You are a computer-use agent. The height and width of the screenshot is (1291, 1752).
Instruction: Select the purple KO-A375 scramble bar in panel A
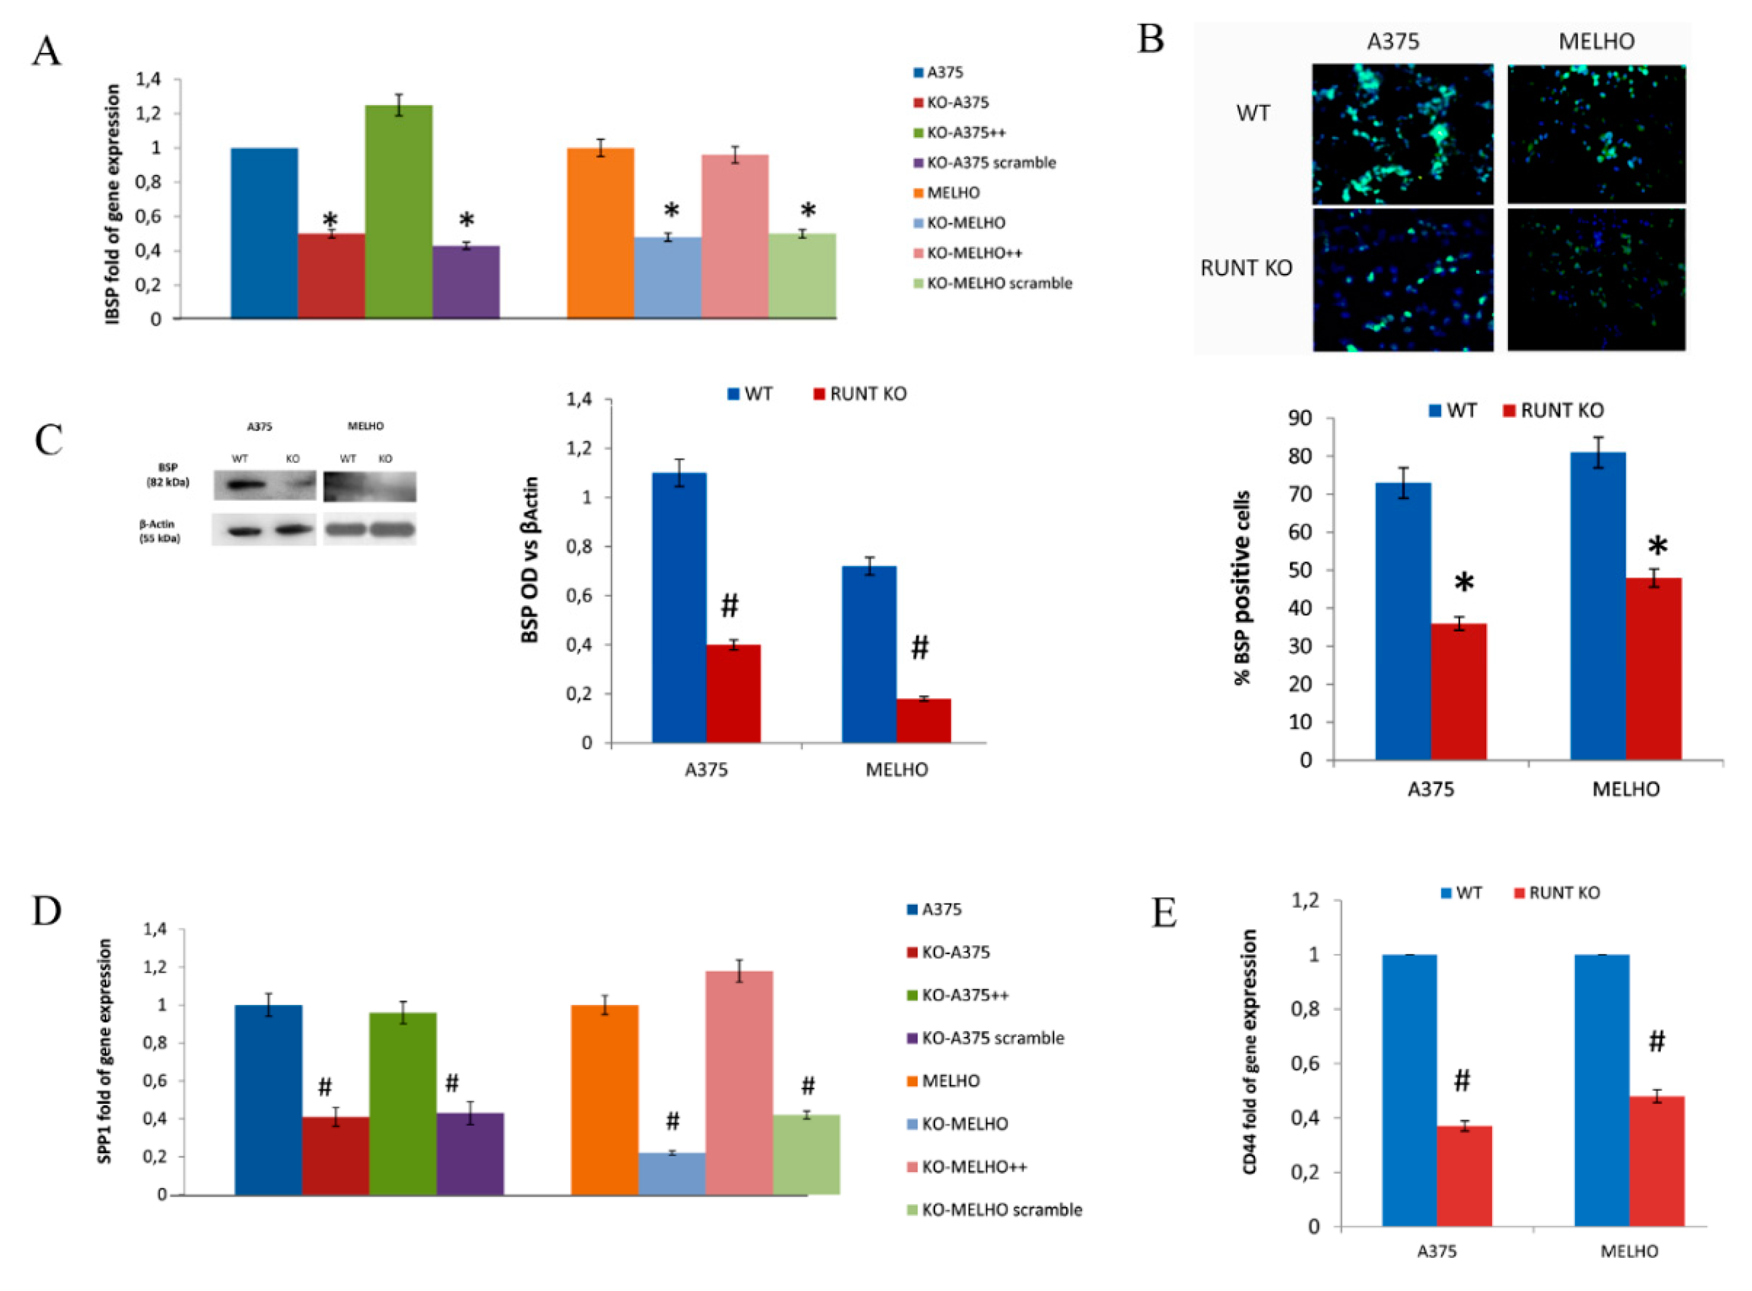click(465, 282)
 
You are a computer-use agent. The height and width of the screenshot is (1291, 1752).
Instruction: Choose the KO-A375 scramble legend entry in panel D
click(992, 1038)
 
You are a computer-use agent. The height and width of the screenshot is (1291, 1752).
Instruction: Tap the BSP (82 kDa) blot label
click(167, 475)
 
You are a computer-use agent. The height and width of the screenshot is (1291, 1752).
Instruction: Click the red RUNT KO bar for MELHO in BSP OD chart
click(923, 720)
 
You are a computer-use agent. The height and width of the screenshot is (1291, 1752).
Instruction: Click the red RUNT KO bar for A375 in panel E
click(1464, 1175)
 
